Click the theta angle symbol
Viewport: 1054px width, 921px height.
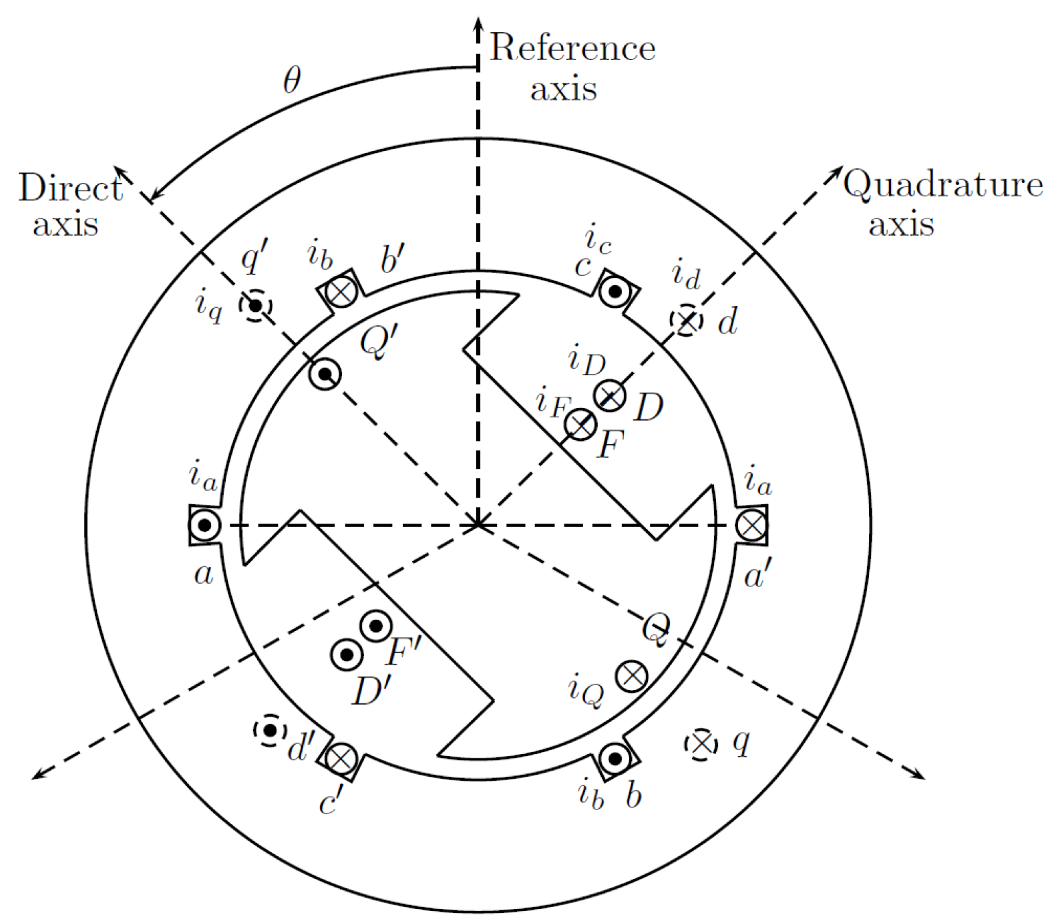click(x=292, y=81)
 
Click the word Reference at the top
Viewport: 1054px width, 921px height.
click(x=572, y=48)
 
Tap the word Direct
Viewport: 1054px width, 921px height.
click(x=70, y=188)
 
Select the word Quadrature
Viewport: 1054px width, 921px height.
click(x=942, y=184)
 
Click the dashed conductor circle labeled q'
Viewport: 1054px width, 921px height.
click(x=255, y=306)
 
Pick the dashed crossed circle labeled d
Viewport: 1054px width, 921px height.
click(x=687, y=320)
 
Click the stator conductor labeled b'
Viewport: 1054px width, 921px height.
click(x=341, y=291)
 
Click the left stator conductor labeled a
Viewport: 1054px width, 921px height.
click(x=204, y=525)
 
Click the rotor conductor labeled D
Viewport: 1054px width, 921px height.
click(x=610, y=396)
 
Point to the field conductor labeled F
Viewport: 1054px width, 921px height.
click(x=580, y=424)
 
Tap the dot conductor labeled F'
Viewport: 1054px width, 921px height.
click(x=376, y=626)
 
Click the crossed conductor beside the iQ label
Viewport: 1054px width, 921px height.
click(x=631, y=677)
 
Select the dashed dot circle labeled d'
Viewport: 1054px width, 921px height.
click(x=270, y=731)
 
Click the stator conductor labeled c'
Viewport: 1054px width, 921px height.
click(x=341, y=759)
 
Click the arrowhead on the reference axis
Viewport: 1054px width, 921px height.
click(x=478, y=23)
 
